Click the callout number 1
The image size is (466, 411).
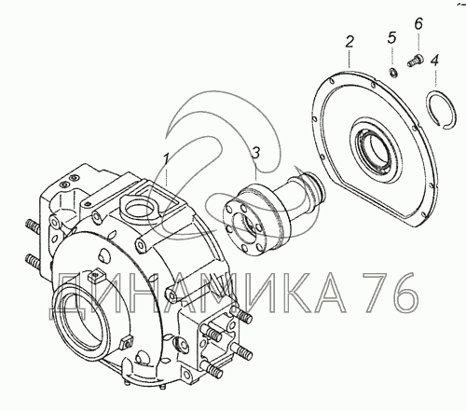(x=167, y=158)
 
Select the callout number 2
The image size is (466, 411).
(x=349, y=42)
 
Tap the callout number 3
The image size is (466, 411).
(x=255, y=153)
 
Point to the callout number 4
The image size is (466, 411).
(x=434, y=61)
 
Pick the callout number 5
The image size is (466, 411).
(x=392, y=37)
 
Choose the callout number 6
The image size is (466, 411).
(x=418, y=23)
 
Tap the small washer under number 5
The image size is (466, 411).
(x=393, y=74)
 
